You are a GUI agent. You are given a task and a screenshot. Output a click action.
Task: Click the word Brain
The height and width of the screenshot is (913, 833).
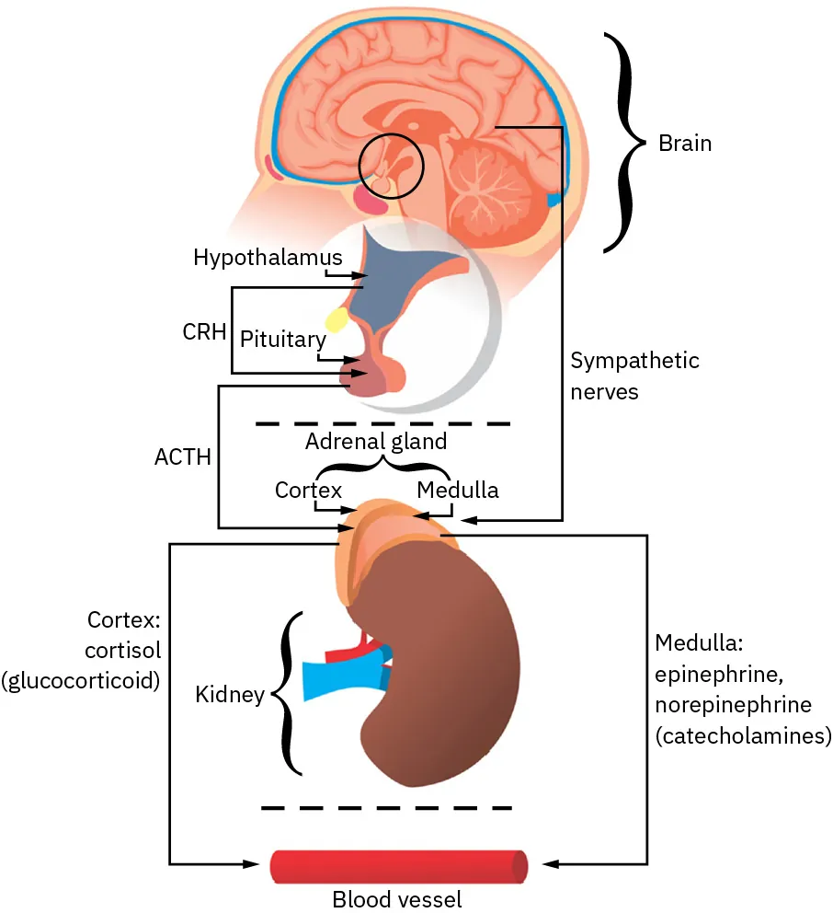(685, 144)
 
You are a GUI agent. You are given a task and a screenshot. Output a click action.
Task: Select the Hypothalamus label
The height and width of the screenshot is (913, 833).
(268, 257)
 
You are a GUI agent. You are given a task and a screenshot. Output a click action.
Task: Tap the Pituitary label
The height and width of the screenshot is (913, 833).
(282, 339)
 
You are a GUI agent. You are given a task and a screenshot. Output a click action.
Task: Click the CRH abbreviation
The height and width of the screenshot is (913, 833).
(204, 331)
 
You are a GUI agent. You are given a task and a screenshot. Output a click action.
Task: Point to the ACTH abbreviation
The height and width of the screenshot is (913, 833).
(183, 456)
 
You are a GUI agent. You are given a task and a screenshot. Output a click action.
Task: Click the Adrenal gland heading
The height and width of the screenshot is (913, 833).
(375, 441)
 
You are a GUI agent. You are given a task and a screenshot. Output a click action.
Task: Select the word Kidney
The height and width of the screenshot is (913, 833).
(229, 694)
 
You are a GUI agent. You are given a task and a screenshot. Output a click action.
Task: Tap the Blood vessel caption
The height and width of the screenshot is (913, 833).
(397, 898)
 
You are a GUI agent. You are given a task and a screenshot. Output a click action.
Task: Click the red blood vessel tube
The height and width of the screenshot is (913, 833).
(398, 865)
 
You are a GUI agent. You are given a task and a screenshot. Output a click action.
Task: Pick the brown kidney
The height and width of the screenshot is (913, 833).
(441, 663)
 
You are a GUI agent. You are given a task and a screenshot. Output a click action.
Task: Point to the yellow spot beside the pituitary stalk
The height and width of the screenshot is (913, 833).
(334, 319)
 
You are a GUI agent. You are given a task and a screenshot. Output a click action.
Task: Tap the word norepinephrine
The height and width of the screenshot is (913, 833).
(733, 705)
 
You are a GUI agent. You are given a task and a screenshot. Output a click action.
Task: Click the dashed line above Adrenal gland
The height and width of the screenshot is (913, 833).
(382, 423)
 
